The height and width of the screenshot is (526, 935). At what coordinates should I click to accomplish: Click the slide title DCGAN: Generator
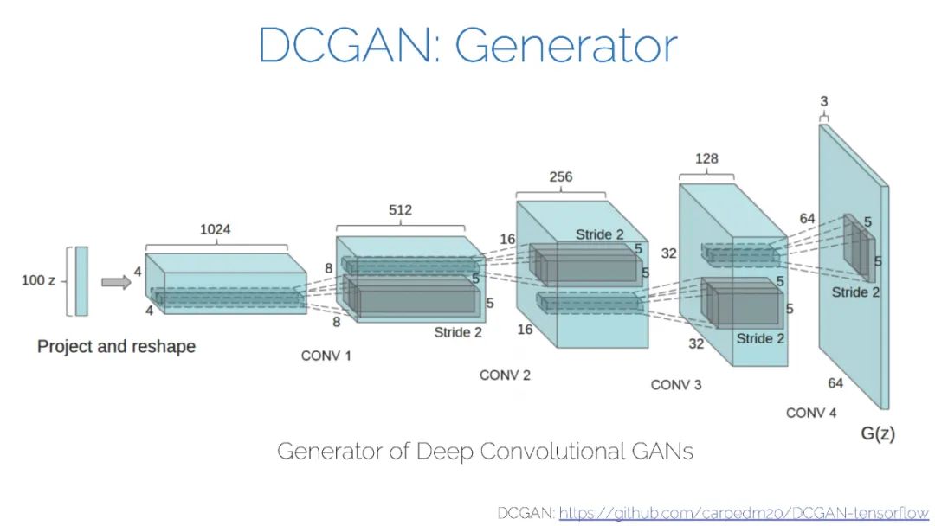(x=467, y=45)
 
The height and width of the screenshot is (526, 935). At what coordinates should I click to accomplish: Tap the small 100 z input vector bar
(x=81, y=281)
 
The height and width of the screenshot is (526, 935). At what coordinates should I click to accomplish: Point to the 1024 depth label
(x=215, y=230)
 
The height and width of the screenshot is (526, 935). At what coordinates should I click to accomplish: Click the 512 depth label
(x=400, y=210)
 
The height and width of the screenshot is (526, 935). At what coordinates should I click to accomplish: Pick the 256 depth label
(x=561, y=176)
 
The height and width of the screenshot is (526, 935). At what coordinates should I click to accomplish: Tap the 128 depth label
(x=706, y=159)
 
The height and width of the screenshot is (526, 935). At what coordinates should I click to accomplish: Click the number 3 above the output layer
(x=823, y=102)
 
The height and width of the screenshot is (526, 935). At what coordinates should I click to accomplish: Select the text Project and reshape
(x=116, y=347)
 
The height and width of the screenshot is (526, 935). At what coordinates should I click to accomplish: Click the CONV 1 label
(x=326, y=356)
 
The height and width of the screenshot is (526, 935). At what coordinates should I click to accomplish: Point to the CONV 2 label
(x=505, y=375)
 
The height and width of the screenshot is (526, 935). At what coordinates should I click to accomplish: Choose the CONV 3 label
(x=676, y=384)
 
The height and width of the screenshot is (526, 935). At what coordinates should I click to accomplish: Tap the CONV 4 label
(x=811, y=413)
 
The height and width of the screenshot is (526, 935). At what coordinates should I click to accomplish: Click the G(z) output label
(x=878, y=433)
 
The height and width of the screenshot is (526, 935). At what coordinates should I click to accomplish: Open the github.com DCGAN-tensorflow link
(x=744, y=513)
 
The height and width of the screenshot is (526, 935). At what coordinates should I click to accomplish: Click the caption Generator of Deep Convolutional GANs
(x=485, y=452)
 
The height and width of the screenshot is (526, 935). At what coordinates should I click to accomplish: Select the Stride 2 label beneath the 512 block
(x=458, y=332)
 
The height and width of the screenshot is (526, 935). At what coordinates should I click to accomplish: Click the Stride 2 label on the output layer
(x=855, y=292)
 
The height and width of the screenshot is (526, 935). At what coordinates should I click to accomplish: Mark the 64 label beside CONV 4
(x=835, y=383)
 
